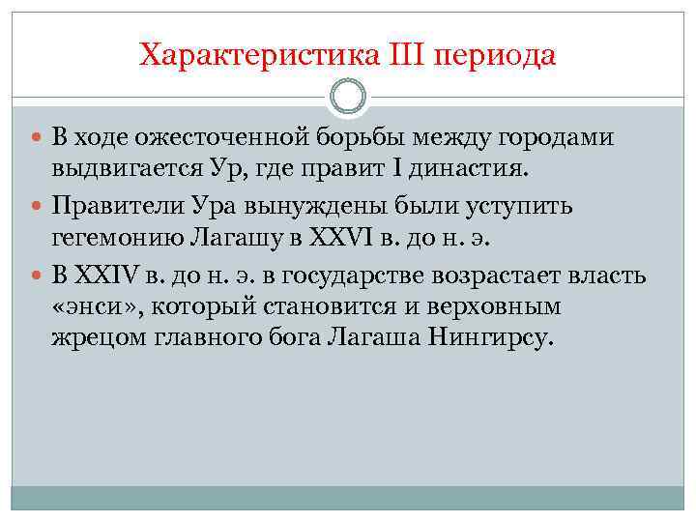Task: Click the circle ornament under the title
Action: click(348, 96)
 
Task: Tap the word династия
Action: click(472, 171)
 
